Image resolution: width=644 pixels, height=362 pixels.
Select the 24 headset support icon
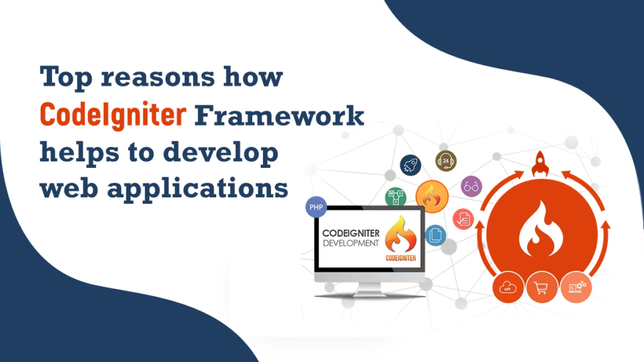click(x=446, y=162)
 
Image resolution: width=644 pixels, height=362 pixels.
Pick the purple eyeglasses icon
click(x=471, y=185)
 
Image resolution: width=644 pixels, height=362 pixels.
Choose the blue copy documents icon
click(x=435, y=235)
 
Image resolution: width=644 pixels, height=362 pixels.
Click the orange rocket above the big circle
click(x=540, y=165)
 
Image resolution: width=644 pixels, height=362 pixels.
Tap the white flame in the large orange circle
click(x=540, y=227)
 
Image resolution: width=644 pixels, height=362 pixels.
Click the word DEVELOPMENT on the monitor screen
click(x=350, y=242)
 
